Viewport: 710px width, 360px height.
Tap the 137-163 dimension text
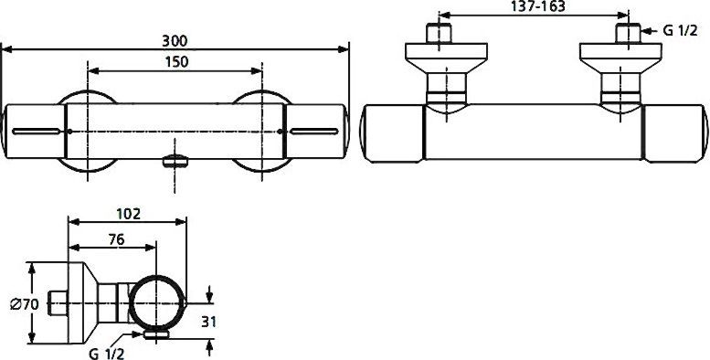[533, 6]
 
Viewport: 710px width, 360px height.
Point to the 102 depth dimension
[129, 214]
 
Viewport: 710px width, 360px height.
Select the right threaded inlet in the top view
[627, 36]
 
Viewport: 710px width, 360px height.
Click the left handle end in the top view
[391, 135]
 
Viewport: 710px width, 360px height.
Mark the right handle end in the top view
[677, 135]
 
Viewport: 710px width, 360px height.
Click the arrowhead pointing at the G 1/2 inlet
[644, 32]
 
